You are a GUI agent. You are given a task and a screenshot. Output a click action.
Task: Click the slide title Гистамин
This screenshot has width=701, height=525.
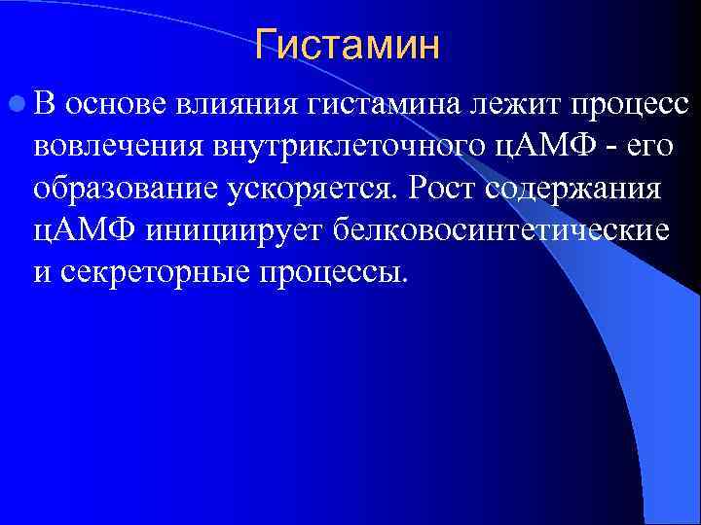click(348, 45)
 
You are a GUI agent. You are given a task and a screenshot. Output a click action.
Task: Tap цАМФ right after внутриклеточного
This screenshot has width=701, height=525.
click(525, 148)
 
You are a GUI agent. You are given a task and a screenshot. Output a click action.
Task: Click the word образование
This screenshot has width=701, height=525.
click(123, 190)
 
